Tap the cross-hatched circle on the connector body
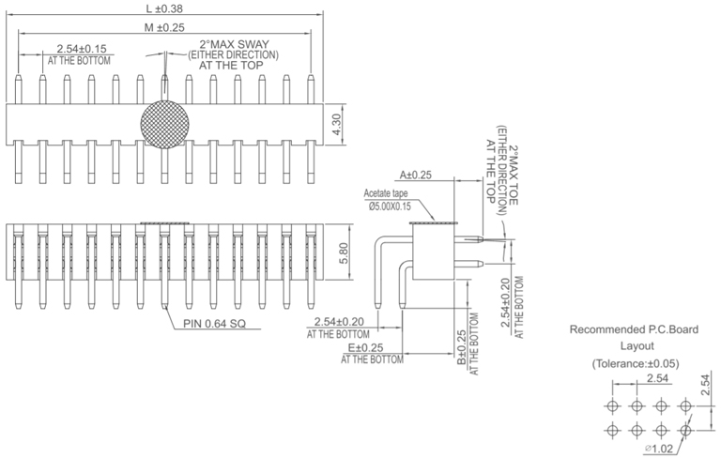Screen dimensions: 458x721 (165, 122)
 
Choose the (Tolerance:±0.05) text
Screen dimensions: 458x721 (636, 362)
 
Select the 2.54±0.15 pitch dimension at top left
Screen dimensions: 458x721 (81, 48)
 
